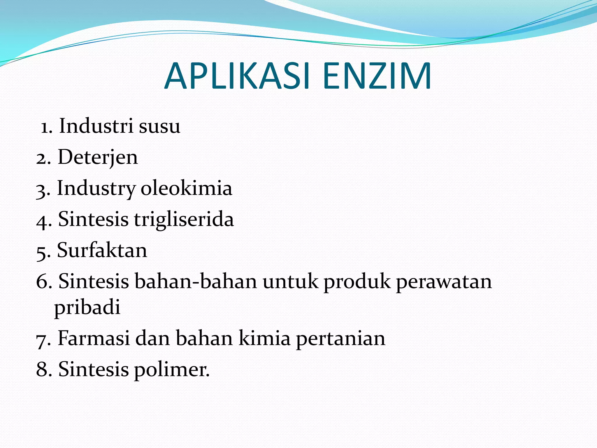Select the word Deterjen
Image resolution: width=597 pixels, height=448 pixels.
coord(98,157)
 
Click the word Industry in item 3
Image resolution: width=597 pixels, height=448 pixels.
coord(96,189)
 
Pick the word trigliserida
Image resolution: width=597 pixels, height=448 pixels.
coord(184,219)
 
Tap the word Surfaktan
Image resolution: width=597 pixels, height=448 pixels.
coord(102,250)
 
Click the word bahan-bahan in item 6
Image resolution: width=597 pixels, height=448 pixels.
coord(196,281)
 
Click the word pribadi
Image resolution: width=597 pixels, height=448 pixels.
coord(87,307)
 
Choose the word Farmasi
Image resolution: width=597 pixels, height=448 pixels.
coord(94,338)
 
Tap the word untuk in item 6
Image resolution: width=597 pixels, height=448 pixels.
coord(290,282)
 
